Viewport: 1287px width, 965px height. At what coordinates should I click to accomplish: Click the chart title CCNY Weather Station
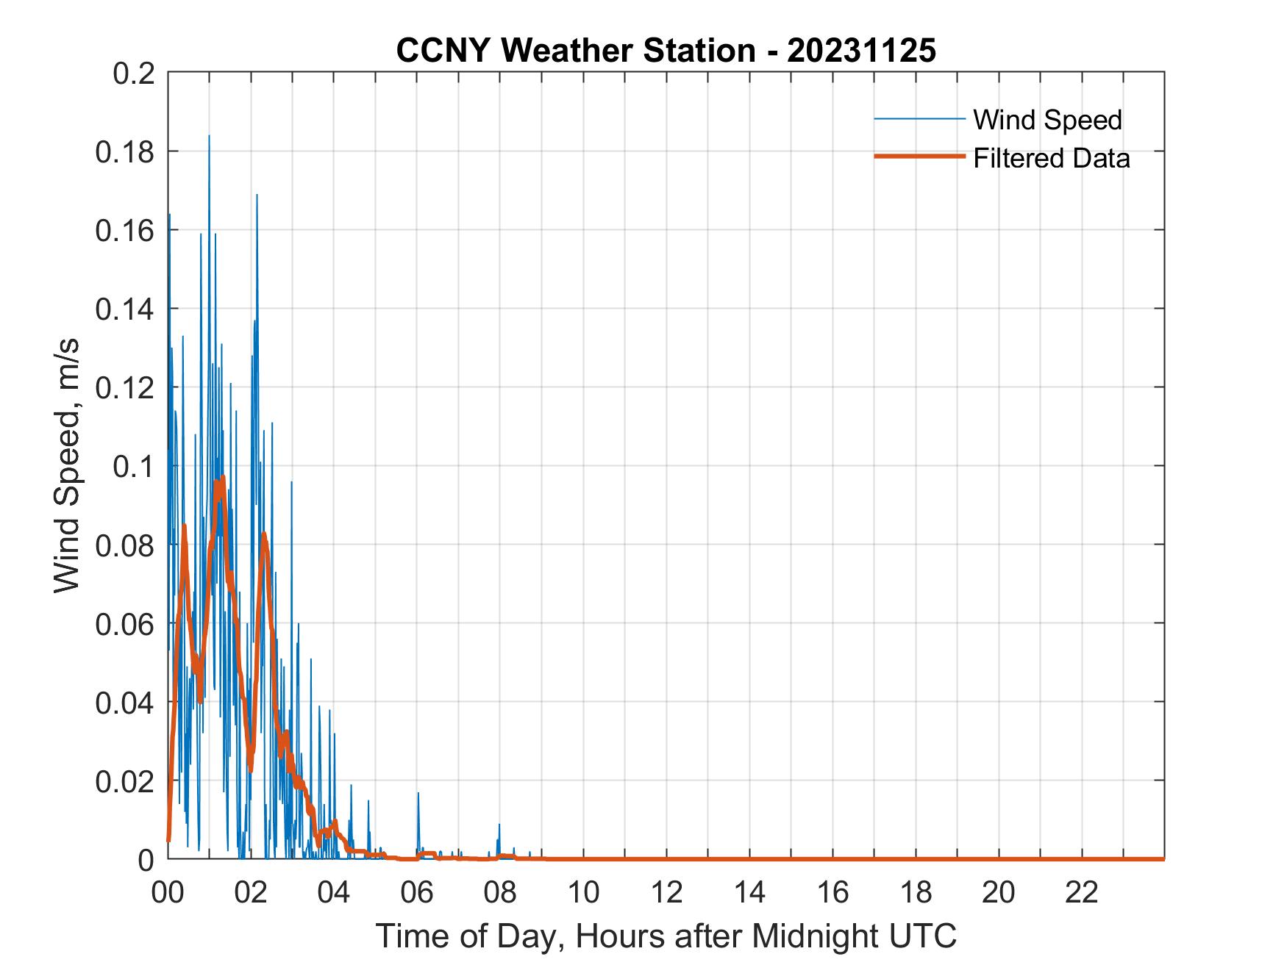click(x=666, y=51)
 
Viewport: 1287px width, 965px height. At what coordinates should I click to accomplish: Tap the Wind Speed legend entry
click(x=1047, y=120)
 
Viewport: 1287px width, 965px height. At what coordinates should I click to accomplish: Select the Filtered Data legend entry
click(x=1051, y=158)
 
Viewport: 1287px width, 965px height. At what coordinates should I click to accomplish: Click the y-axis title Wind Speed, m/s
click(x=67, y=466)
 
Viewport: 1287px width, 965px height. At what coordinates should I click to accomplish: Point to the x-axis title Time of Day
click(x=666, y=936)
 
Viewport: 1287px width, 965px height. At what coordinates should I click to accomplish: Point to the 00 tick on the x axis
click(x=168, y=892)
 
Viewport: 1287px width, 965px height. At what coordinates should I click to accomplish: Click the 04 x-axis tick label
click(x=334, y=892)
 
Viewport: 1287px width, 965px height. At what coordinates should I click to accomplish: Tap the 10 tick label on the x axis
click(x=583, y=892)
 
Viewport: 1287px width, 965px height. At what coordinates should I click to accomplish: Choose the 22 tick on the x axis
click(x=1082, y=892)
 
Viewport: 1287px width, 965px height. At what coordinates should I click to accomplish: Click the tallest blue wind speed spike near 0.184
click(x=209, y=137)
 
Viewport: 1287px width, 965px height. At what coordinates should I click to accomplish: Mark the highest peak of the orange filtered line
click(x=222, y=478)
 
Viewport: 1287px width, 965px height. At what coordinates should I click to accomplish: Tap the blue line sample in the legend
click(x=919, y=119)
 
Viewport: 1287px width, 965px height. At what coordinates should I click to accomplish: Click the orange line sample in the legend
click(x=919, y=157)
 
